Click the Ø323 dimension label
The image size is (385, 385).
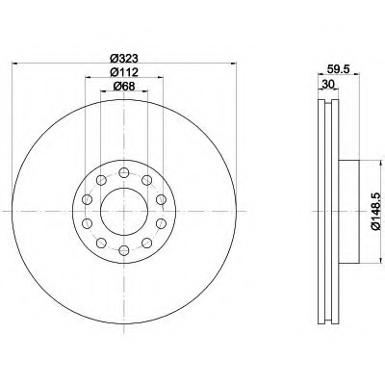click(123, 58)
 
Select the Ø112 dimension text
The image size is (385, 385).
click(123, 72)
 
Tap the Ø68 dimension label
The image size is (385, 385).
click(123, 87)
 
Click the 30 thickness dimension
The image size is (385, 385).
click(328, 84)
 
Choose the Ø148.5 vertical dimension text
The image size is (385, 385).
click(376, 212)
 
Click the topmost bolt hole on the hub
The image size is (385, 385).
click(124, 173)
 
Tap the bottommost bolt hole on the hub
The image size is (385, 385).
click(124, 250)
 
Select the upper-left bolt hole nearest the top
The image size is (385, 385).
click(101, 180)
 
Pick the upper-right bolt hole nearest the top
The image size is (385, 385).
click(146, 180)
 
